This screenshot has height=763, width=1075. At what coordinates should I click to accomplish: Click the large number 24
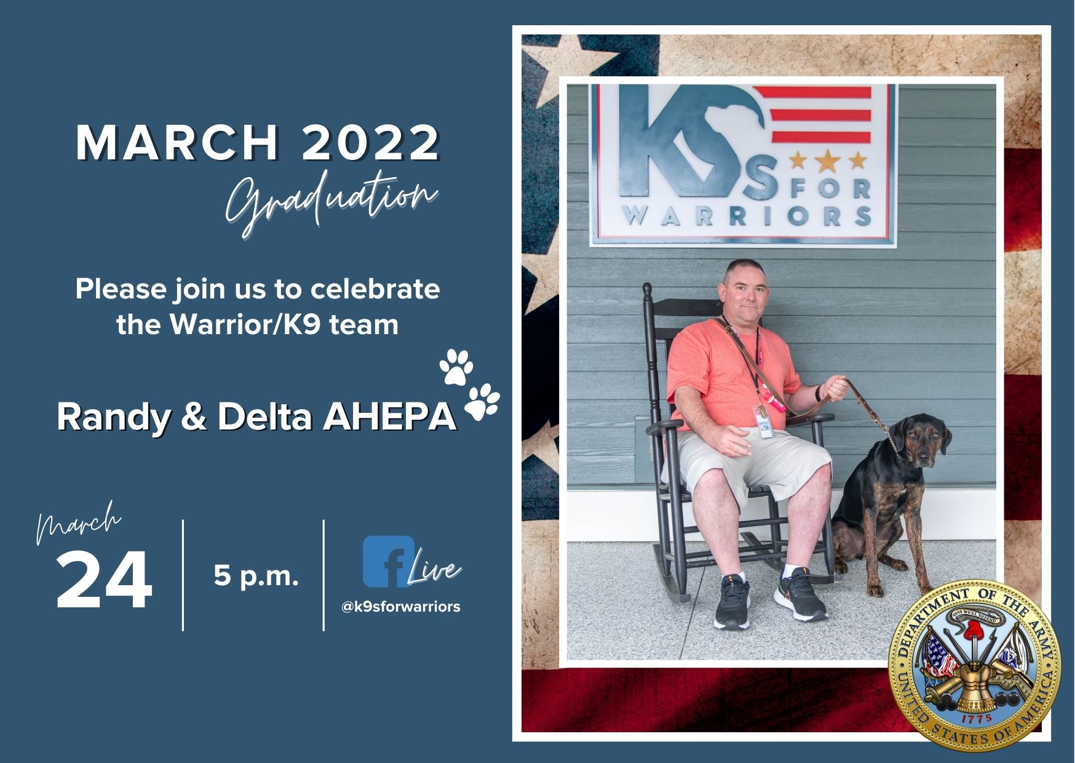(104, 580)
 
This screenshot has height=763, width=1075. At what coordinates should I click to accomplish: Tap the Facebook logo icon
(388, 561)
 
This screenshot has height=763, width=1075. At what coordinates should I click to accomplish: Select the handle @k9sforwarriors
(400, 607)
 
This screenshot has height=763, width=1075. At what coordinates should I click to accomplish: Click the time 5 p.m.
(256, 577)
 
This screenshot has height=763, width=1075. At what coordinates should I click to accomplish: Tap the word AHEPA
(389, 417)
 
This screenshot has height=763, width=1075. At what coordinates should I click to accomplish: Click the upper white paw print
(456, 367)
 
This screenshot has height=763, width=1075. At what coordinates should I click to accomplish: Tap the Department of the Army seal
(975, 666)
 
